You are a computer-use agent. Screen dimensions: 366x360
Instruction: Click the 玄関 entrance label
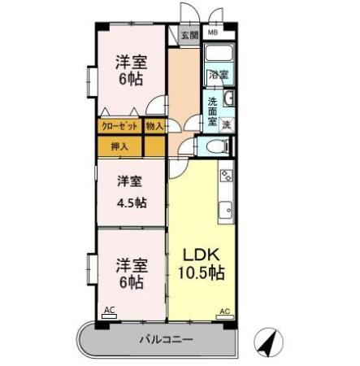tap(189, 36)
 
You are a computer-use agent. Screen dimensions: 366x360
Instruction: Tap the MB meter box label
tap(212, 33)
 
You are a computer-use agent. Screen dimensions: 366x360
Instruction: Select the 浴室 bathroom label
tap(218, 75)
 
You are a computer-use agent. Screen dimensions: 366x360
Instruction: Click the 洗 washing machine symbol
tap(227, 124)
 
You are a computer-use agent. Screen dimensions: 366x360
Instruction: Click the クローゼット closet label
tap(119, 126)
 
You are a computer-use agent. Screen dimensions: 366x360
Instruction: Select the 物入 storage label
tap(154, 126)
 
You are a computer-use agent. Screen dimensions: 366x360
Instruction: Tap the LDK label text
tap(200, 253)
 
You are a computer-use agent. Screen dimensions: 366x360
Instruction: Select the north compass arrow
tap(266, 342)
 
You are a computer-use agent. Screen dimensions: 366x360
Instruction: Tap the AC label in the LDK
tap(224, 311)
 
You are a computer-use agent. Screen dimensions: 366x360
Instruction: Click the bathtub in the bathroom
tap(219, 55)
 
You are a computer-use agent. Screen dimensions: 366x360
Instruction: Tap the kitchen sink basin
tap(227, 209)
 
